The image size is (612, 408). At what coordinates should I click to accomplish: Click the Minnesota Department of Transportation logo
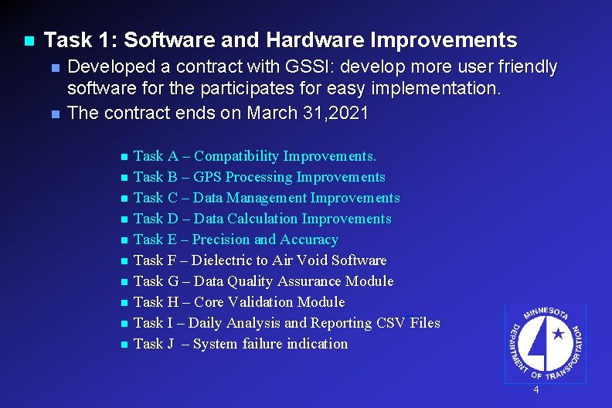[545, 343]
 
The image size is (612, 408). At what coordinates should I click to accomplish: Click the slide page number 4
[536, 390]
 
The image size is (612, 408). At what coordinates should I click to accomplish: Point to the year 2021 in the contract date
[348, 113]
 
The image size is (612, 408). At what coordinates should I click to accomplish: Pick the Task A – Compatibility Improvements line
[255, 156]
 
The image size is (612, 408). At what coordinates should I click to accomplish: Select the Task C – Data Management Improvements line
[267, 198]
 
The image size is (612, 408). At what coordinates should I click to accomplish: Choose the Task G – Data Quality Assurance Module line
[263, 281]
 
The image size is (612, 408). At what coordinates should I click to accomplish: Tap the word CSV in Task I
[393, 323]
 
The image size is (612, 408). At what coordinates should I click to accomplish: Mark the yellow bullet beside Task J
[124, 345]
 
